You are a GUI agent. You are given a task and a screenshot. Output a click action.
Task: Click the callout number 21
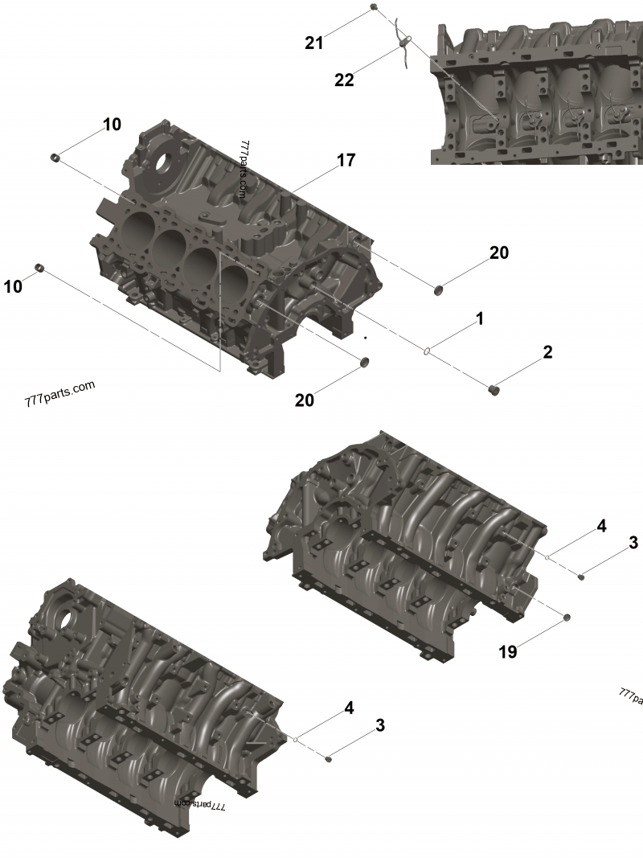click(313, 43)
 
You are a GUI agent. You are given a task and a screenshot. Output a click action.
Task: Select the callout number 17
click(346, 160)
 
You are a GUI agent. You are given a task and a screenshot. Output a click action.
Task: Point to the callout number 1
click(479, 318)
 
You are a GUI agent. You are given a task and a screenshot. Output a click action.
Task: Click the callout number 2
click(547, 351)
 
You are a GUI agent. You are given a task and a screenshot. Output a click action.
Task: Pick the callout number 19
click(507, 652)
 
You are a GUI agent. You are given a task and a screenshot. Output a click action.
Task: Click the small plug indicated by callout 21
click(374, 7)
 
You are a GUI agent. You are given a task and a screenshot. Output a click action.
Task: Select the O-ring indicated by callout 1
click(429, 351)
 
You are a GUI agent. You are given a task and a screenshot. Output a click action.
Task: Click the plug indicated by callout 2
click(496, 391)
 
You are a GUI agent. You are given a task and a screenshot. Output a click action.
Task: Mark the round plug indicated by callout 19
click(566, 617)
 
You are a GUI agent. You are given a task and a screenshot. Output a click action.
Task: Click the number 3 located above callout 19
click(633, 543)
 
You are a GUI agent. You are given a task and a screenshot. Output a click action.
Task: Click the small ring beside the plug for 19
click(547, 556)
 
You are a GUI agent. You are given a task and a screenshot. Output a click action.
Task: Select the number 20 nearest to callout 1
click(498, 252)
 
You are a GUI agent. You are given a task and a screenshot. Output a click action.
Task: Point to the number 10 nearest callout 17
click(111, 124)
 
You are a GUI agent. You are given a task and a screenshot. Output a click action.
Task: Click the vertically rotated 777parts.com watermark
click(243, 170)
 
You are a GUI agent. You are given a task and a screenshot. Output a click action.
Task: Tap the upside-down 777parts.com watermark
click(200, 803)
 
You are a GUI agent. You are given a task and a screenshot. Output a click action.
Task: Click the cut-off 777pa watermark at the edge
click(630, 696)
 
